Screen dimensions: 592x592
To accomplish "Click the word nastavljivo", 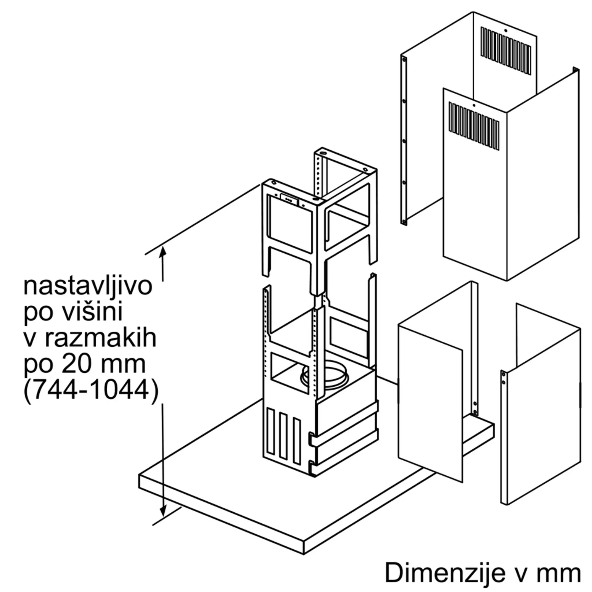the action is coord(88,287).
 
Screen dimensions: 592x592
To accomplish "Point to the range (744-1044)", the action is coord(91,391).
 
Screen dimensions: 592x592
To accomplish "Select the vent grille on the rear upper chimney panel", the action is coord(506,51).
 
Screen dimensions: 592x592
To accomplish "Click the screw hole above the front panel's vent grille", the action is coord(474,106).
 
